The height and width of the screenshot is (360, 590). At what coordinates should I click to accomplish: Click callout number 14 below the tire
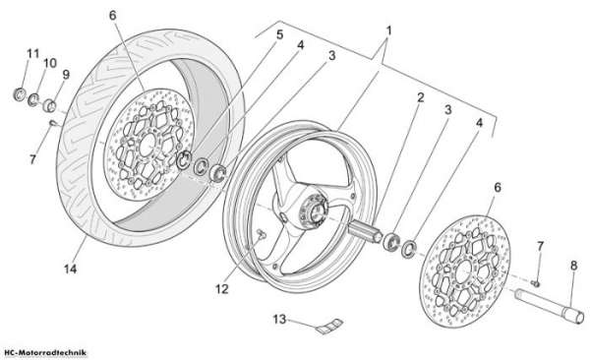[71, 269]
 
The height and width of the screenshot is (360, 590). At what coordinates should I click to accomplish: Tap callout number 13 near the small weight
[279, 320]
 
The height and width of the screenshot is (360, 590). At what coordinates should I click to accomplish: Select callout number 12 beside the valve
[222, 289]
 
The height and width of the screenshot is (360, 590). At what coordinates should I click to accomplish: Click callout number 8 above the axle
[573, 266]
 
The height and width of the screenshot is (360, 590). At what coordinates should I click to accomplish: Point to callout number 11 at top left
[33, 53]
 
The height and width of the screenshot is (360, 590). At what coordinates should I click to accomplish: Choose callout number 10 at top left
[50, 63]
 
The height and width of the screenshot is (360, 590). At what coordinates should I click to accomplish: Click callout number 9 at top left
[66, 74]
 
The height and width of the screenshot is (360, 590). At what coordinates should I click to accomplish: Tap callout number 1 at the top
[388, 30]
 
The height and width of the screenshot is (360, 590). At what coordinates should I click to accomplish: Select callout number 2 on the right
[420, 97]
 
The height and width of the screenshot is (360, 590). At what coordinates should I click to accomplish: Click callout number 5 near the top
[279, 34]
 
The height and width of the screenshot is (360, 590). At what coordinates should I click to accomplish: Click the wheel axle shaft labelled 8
[549, 306]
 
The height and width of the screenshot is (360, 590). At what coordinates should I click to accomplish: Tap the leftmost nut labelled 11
[19, 93]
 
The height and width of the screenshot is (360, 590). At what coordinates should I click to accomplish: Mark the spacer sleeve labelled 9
[49, 105]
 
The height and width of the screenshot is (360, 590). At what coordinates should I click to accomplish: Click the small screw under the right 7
[535, 283]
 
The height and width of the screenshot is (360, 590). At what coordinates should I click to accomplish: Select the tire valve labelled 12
[260, 235]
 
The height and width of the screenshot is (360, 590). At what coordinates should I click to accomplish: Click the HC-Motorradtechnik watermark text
[43, 353]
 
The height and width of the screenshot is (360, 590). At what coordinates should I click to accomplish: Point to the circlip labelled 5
[184, 159]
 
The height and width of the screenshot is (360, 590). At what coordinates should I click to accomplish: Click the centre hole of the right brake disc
[465, 270]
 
